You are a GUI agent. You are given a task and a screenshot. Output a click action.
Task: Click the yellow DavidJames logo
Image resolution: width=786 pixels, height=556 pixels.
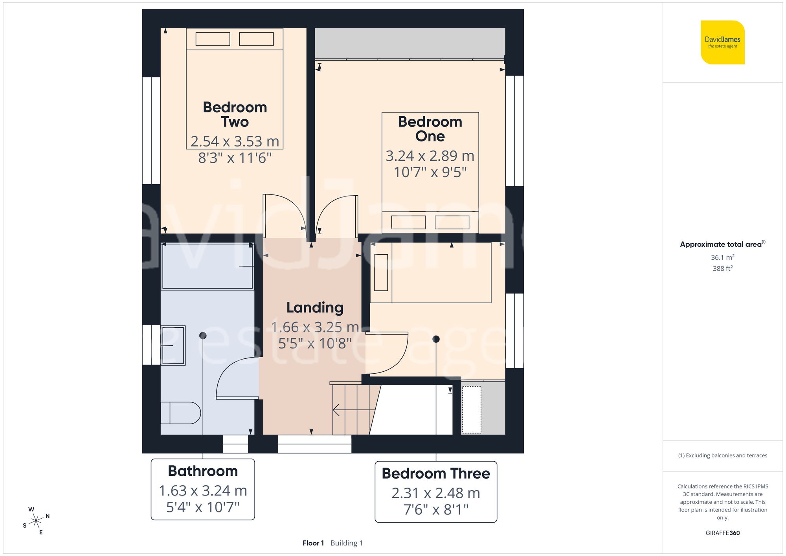click(x=722, y=42)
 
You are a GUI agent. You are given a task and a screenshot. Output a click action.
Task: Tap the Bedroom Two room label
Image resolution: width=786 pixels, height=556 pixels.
click(x=235, y=114)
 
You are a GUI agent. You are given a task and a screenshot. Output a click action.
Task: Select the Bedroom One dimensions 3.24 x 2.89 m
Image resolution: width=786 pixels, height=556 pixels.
click(x=430, y=156)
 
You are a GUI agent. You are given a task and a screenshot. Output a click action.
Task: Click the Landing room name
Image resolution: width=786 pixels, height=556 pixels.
click(x=315, y=308)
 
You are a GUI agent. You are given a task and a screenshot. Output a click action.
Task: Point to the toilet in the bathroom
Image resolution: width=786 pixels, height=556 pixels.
click(x=180, y=413)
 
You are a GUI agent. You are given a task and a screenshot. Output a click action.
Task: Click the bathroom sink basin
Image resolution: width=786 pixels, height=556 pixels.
click(x=173, y=345)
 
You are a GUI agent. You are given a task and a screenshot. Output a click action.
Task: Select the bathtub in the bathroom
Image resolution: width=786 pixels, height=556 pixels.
click(x=207, y=266)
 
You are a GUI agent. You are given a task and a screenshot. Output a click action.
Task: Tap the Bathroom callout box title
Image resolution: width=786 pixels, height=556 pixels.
click(x=203, y=471)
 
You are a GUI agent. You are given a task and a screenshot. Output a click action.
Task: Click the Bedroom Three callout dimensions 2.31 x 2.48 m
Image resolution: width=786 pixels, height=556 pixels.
click(x=435, y=493)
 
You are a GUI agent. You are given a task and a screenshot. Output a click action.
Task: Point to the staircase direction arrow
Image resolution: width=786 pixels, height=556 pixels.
click(x=337, y=410)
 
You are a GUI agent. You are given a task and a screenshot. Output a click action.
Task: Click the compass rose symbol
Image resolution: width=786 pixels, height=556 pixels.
click(x=36, y=521)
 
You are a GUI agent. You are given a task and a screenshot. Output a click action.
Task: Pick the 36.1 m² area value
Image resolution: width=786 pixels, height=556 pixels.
click(x=722, y=257)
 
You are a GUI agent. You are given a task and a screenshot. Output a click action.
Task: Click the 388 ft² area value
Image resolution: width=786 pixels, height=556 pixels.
click(x=722, y=268)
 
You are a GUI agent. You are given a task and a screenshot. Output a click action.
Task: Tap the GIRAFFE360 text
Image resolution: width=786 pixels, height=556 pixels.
click(x=722, y=533)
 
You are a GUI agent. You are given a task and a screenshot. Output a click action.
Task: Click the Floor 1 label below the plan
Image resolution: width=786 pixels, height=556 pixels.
click(x=313, y=543)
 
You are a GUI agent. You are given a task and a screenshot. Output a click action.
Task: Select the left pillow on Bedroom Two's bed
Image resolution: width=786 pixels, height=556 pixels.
click(x=213, y=39)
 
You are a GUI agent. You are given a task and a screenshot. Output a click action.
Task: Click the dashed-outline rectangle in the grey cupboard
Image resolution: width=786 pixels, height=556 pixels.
click(x=471, y=410)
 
